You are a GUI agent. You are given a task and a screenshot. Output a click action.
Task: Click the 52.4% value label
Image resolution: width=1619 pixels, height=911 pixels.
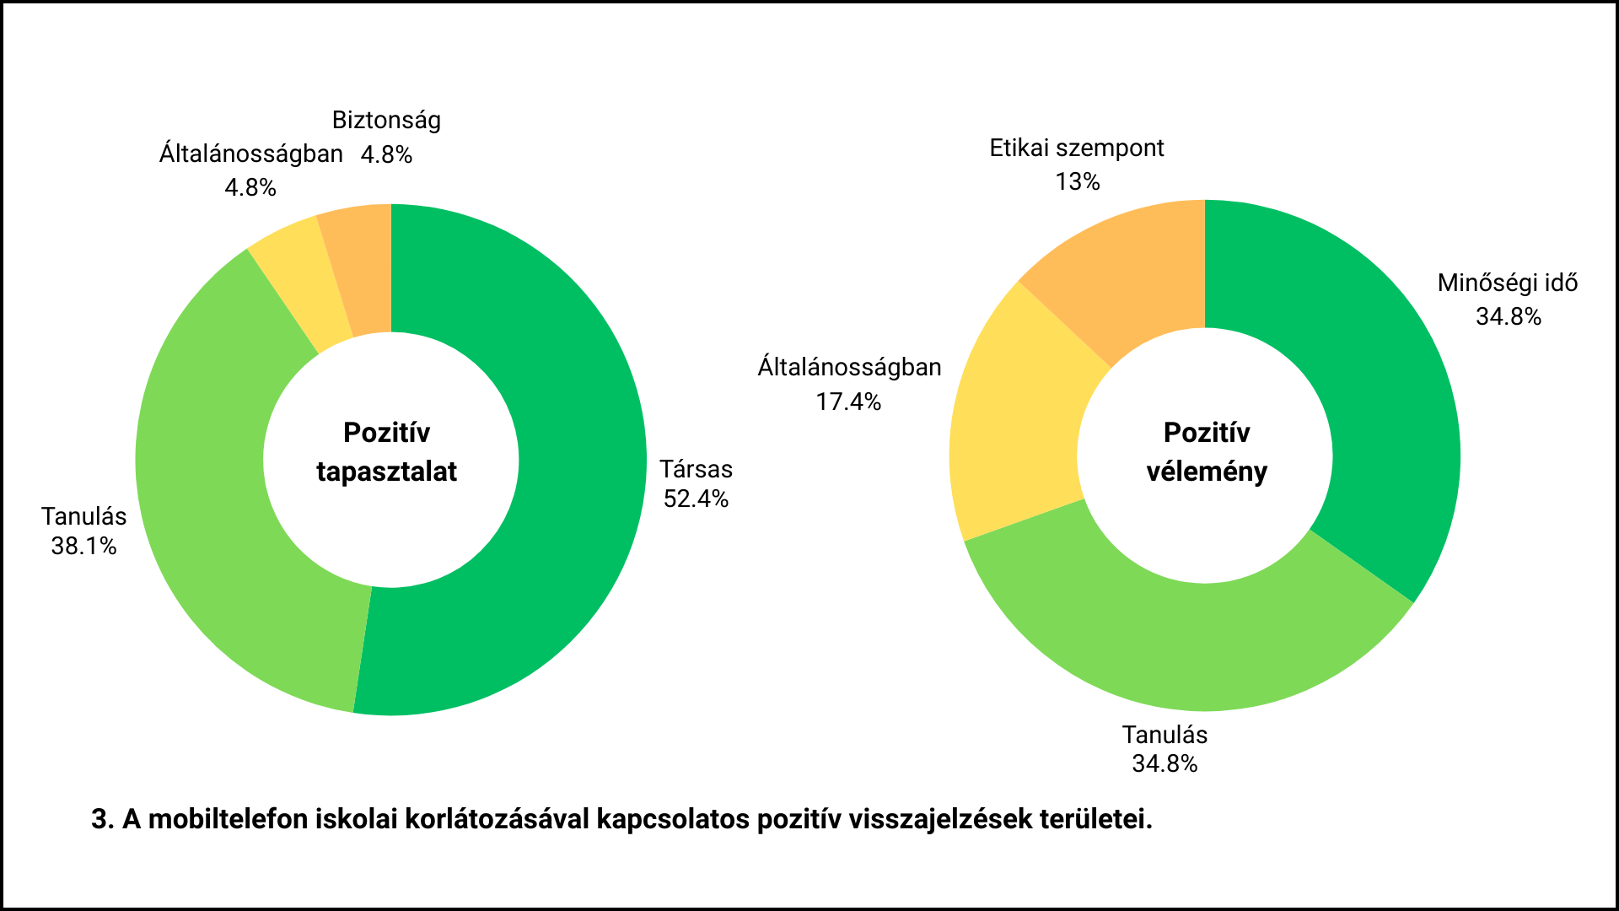(696, 499)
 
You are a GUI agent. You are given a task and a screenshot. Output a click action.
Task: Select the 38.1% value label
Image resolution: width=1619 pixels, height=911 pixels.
(83, 546)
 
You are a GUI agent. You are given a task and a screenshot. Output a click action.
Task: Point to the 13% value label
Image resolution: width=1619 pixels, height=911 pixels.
(1078, 181)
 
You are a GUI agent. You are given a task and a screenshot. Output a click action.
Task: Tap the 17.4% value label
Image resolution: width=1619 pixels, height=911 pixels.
(848, 402)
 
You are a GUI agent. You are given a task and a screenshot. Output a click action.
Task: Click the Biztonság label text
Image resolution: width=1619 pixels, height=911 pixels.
(386, 120)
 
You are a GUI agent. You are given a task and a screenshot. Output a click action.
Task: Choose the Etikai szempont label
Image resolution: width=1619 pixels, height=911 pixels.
(1077, 148)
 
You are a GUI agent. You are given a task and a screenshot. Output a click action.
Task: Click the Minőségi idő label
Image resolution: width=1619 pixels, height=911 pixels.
(1508, 283)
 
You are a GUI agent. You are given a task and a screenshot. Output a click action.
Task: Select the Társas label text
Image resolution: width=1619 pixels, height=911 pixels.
(696, 469)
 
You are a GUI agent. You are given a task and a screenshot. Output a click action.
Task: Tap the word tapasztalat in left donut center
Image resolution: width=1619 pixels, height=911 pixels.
(386, 472)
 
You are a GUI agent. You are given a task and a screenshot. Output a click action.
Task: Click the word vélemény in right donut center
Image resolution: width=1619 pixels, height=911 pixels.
(1207, 472)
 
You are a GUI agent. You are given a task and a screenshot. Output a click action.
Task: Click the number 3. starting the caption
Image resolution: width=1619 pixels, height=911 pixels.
(103, 819)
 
